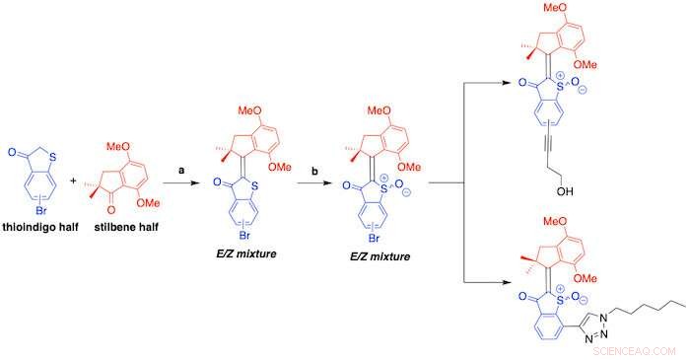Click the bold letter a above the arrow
(180, 171)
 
